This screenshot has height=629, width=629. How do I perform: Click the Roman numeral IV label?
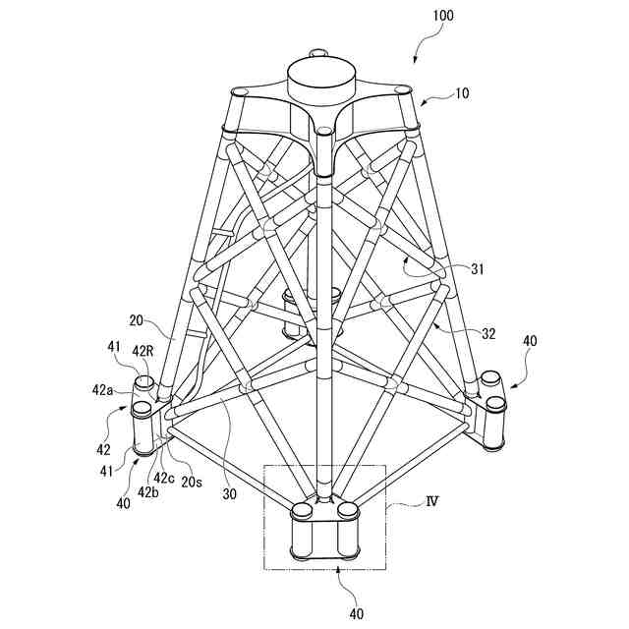point(429,501)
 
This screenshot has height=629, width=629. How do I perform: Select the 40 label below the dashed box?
point(355,614)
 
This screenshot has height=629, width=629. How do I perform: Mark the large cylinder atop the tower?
point(317,82)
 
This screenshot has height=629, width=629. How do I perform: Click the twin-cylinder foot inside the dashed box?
point(324,531)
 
